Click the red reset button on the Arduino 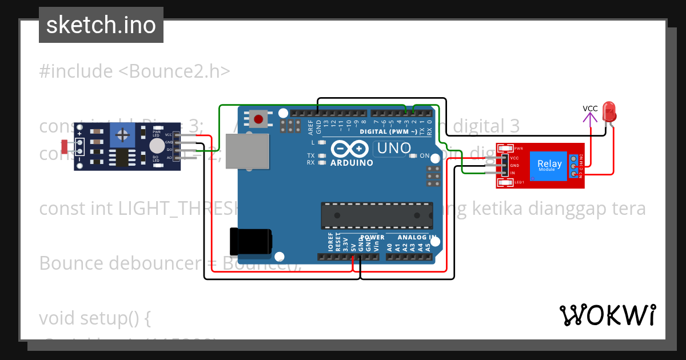pyautogui.click(x=258, y=119)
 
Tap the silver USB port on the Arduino pyautogui.click(x=247, y=151)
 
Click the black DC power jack pyautogui.click(x=249, y=241)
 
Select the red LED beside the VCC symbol pyautogui.click(x=609, y=111)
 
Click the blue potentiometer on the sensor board pyautogui.click(x=122, y=135)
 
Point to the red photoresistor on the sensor pyautogui.click(x=63, y=146)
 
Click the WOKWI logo pyautogui.click(x=607, y=315)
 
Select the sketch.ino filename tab pyautogui.click(x=101, y=25)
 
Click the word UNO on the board pyautogui.click(x=392, y=149)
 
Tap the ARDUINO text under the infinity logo pyautogui.click(x=352, y=163)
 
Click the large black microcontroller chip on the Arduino pyautogui.click(x=376, y=214)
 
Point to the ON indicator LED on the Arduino pyautogui.click(x=415, y=155)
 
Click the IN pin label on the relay pyautogui.click(x=513, y=173)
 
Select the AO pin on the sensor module pyautogui.click(x=169, y=157)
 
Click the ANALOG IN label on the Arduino pyautogui.click(x=417, y=237)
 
